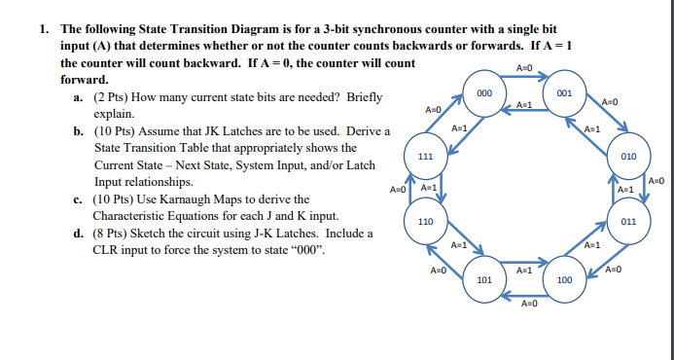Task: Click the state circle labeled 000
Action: coord(482,91)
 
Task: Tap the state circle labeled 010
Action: coord(628,156)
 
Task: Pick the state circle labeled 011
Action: coord(628,221)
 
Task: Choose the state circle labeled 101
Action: coord(483,280)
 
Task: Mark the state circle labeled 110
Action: coord(425,221)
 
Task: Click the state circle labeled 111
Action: coord(425,156)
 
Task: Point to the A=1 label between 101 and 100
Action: coord(525,269)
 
